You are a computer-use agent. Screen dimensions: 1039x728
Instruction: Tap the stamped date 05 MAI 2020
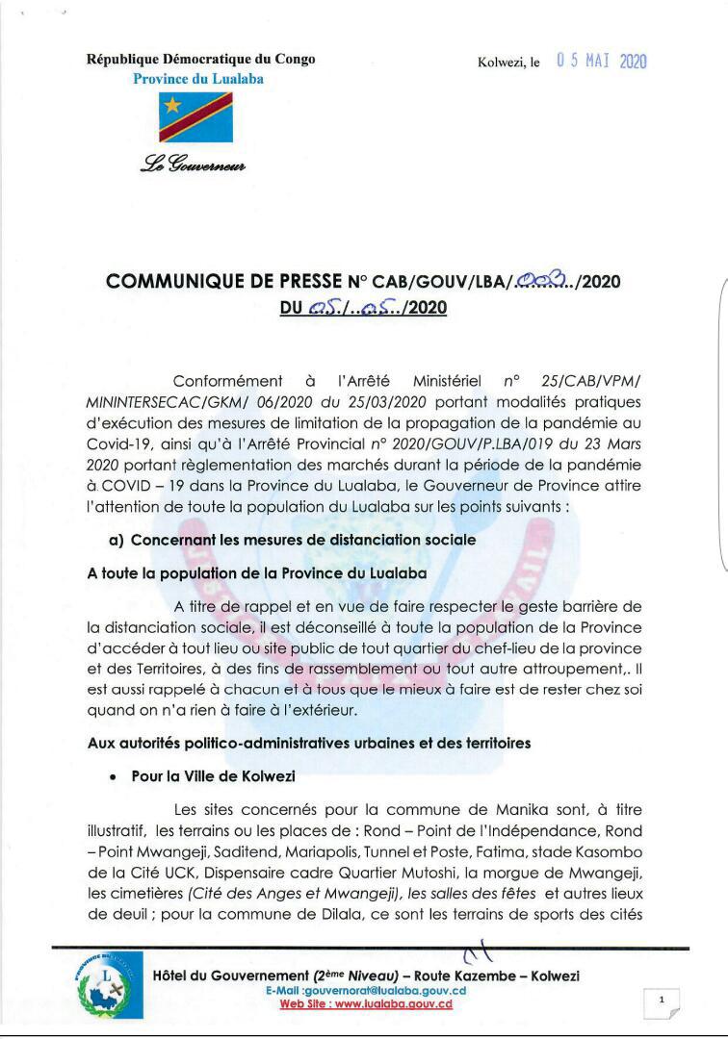[602, 62]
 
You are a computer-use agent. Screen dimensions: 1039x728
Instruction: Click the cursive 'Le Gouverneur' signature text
[193, 165]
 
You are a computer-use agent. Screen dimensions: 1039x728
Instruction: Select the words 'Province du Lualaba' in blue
[197, 79]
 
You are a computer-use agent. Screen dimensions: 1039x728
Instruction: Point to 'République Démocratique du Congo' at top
[200, 59]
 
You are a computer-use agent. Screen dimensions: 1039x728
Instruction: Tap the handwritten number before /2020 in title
[544, 281]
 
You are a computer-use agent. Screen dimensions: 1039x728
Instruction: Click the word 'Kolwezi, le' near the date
[508, 63]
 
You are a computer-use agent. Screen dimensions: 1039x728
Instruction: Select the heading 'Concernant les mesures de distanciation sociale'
[303, 540]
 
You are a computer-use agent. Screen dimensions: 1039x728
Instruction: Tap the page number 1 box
[662, 1001]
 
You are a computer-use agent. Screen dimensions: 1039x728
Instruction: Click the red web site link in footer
[366, 1004]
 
